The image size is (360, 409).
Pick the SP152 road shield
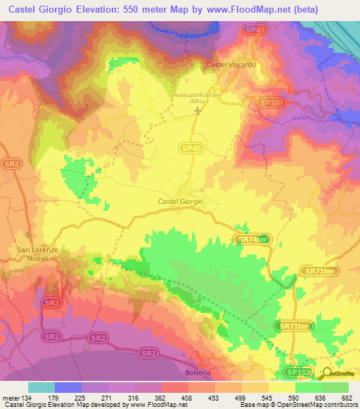coord(298,371)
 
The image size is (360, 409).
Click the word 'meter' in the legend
coord(11,398)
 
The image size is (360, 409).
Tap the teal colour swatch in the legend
coord(41,387)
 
